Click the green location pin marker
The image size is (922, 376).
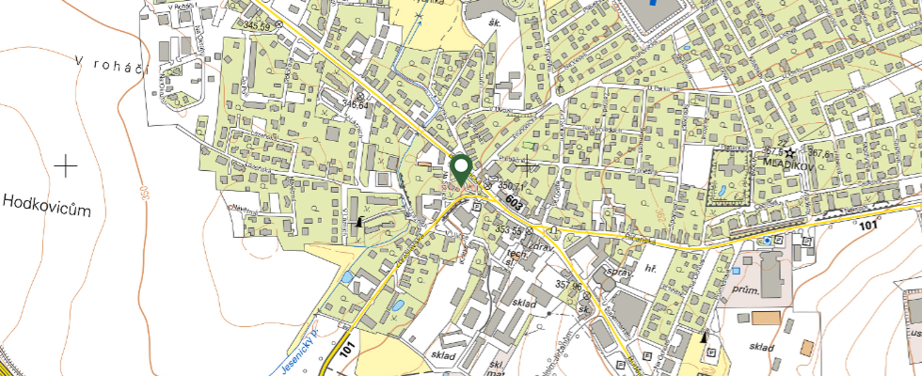click(x=461, y=168)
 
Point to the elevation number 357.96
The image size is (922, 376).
click(x=571, y=286)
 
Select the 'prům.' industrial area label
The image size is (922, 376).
click(x=746, y=291)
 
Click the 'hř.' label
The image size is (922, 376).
click(x=650, y=268)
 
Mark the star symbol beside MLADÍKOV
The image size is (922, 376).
click(x=791, y=151)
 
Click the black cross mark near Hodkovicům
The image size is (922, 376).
click(x=66, y=167)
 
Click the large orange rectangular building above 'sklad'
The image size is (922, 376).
click(x=766, y=318)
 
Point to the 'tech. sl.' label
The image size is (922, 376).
click(x=515, y=258)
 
